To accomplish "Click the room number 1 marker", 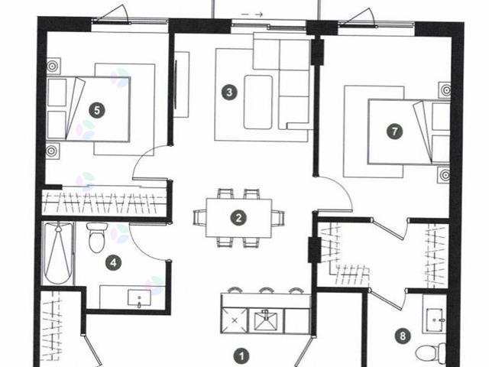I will pos(241,356).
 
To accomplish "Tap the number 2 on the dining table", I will pos(239,217).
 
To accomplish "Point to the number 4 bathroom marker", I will pos(113,263).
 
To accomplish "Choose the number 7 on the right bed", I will pos(394,132).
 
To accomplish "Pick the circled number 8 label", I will pos(403,334).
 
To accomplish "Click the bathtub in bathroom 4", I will pos(58,254).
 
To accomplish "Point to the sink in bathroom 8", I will pos(437,317).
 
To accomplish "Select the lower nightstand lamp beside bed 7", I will pos(444,175).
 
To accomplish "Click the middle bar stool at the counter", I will pos(265,291).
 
